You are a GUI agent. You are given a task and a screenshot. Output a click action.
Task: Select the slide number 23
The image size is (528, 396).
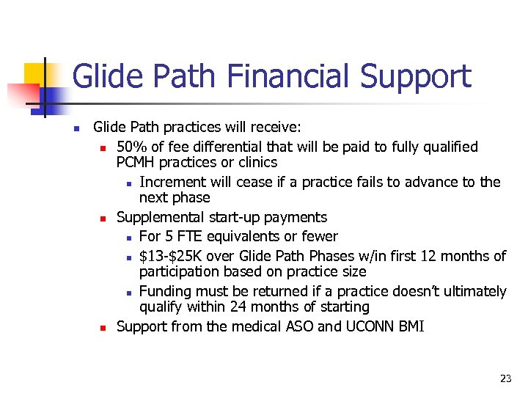[x=505, y=378]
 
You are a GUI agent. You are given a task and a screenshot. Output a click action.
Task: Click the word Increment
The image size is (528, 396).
[x=173, y=182]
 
